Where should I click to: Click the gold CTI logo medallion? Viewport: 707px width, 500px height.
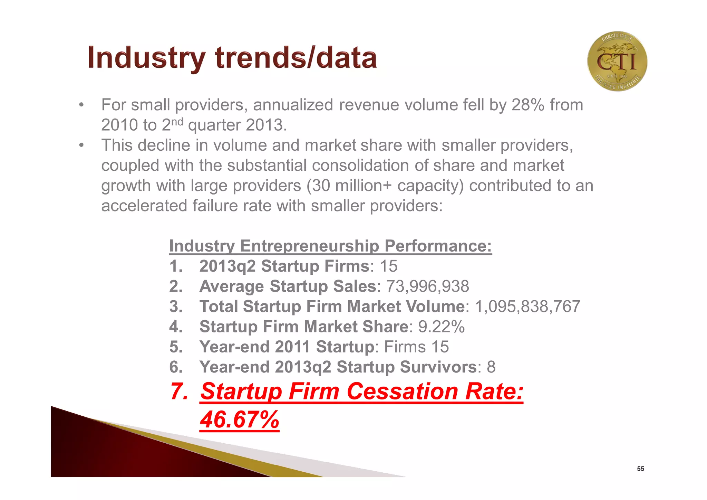(617, 61)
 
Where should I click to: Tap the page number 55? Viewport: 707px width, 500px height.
(640, 469)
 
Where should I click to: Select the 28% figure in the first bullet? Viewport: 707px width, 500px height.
(528, 105)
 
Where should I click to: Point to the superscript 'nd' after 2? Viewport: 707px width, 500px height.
(177, 121)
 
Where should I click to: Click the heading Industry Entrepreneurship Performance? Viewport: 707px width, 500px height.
(330, 246)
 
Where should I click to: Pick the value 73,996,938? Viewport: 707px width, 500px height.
(427, 286)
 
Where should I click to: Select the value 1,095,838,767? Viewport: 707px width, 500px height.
(528, 306)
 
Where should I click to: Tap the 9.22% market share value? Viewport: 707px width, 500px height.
(442, 327)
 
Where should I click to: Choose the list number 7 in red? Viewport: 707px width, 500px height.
(178, 391)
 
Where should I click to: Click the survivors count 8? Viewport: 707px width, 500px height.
(491, 367)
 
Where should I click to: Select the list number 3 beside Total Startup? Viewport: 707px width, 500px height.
(176, 306)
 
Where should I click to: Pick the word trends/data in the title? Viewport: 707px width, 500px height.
(296, 58)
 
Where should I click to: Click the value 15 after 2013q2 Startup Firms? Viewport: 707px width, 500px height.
(389, 266)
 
